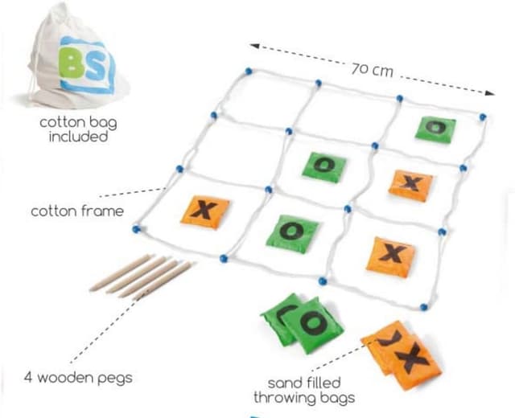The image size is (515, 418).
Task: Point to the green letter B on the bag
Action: (73, 65)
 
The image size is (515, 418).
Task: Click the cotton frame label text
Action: (77, 211)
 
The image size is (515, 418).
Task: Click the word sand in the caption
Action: (285, 383)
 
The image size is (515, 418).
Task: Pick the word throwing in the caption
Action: (283, 397)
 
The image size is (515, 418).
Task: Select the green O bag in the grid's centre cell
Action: (324, 166)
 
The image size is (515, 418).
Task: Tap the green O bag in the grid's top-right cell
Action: (435, 127)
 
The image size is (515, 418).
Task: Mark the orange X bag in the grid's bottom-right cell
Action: (389, 255)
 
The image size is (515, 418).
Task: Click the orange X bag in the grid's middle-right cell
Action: (410, 184)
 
